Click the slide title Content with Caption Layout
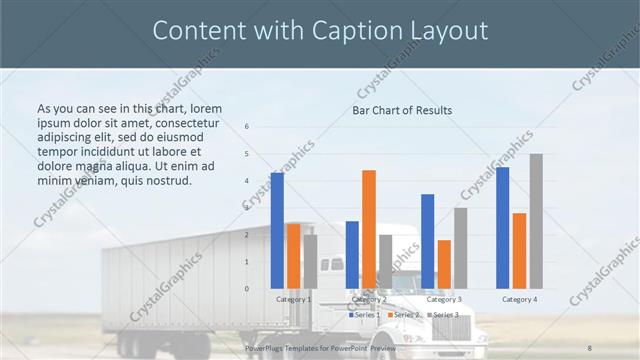point(320,31)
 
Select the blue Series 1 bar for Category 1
point(277,230)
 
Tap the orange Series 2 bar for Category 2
point(369,229)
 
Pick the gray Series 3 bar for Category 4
point(536,221)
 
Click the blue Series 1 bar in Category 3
point(428,241)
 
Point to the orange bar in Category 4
point(519,250)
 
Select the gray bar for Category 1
point(310,261)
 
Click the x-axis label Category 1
point(293,299)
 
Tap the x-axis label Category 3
point(444,299)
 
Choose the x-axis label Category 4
point(520,299)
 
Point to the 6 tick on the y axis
point(247,127)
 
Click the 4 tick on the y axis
point(247,181)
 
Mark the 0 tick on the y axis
point(247,289)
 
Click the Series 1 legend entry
point(364,315)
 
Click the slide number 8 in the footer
point(590,347)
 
